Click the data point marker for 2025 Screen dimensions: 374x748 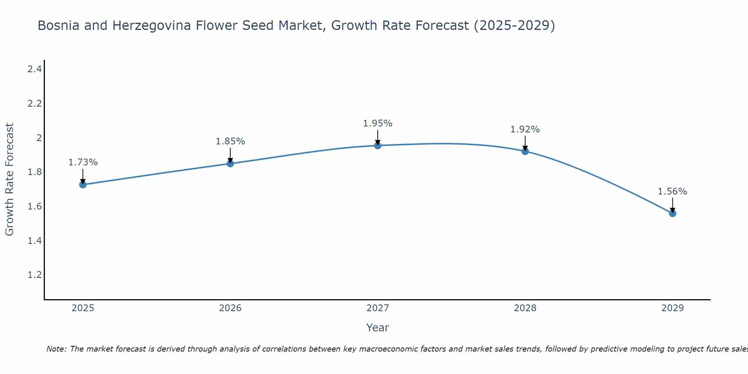[x=83, y=184]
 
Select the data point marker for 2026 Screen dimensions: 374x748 [x=230, y=163]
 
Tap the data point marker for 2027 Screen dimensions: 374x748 [x=378, y=145]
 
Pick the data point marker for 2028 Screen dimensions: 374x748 [x=525, y=151]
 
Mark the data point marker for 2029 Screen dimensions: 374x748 [x=672, y=213]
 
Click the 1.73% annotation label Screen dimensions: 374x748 [x=83, y=162]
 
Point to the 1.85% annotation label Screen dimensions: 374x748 [x=230, y=141]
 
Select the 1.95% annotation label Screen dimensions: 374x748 [x=378, y=123]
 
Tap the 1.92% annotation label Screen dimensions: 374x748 [x=525, y=129]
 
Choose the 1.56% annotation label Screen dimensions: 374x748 [x=672, y=191]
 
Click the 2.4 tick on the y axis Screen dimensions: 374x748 [x=34, y=69]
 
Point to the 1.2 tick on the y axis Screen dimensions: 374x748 [x=34, y=275]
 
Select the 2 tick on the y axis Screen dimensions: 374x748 [x=39, y=138]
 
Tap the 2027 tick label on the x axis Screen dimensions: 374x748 [x=378, y=308]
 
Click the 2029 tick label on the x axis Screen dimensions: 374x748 [x=672, y=308]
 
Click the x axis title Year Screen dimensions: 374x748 [x=378, y=328]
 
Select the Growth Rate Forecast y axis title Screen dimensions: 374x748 [x=9, y=179]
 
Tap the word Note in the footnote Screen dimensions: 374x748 [x=56, y=349]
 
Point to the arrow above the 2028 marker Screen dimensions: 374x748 [x=525, y=143]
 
